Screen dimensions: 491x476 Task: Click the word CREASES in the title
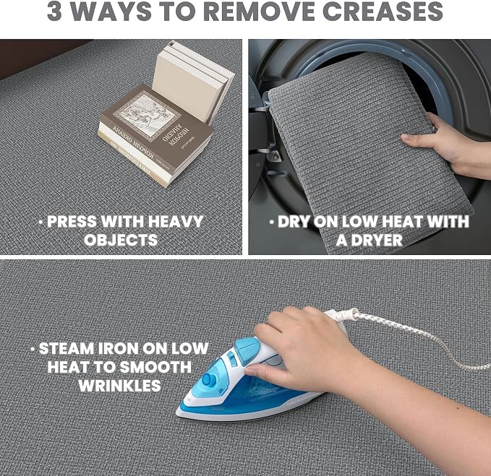pos(383,12)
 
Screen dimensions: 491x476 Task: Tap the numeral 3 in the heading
pos(54,12)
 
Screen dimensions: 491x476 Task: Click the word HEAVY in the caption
pos(176,222)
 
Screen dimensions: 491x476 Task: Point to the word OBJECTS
pos(121,240)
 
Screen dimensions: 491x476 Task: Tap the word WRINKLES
pos(119,386)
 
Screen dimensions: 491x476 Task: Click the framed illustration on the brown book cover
pos(147,116)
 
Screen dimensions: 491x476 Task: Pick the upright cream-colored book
pos(193,82)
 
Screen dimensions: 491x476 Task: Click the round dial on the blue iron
pos(208,380)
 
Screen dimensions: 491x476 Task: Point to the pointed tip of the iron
pos(177,413)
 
